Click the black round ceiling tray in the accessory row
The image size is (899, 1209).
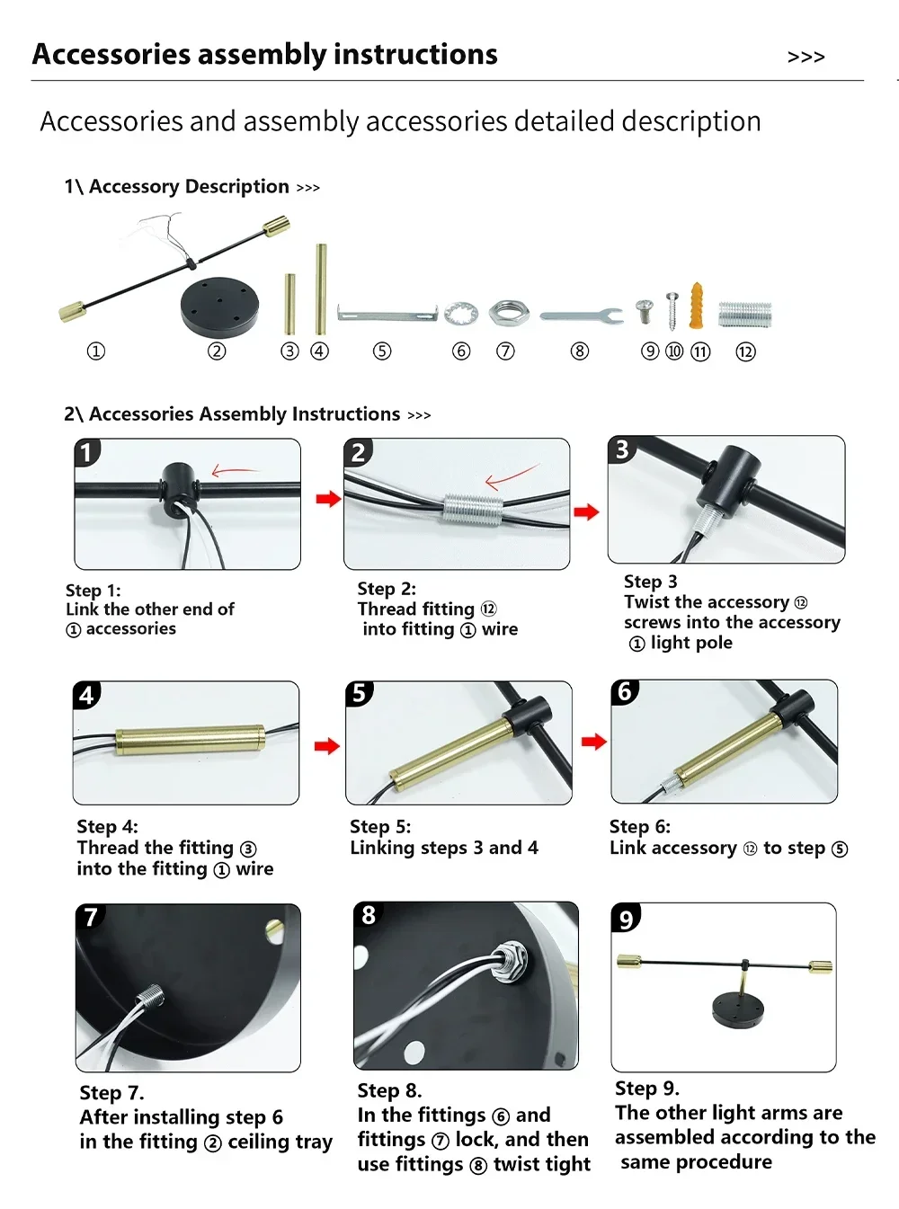[x=219, y=306]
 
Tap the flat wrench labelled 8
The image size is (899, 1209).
[x=581, y=316]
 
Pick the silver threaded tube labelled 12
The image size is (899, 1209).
[x=745, y=315]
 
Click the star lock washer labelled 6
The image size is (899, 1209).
[x=460, y=314]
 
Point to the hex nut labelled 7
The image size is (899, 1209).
[x=504, y=314]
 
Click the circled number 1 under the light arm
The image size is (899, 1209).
[x=95, y=351]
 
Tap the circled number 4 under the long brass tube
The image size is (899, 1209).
[x=320, y=351]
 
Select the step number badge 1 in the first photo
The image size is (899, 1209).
[x=86, y=451]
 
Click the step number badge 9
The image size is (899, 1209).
[x=626, y=918]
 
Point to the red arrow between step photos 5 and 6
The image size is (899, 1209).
[x=593, y=742]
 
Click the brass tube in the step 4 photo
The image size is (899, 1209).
[x=190, y=740]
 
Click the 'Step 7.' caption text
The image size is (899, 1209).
[x=111, y=1093]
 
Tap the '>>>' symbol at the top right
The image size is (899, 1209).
[x=806, y=58]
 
